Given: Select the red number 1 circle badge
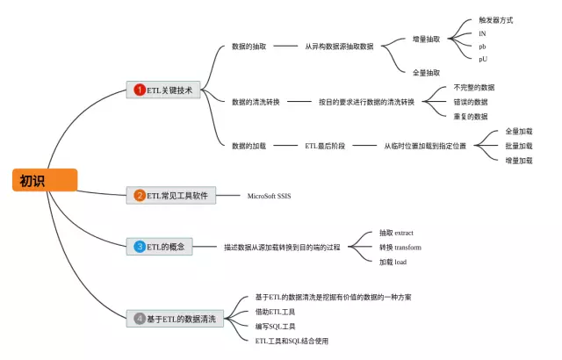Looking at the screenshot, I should tap(139, 90).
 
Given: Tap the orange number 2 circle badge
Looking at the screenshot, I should tap(139, 196).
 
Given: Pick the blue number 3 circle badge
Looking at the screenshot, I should tap(139, 247).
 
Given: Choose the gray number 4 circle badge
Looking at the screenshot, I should tap(139, 318).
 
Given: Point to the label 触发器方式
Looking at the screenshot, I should tap(495, 19).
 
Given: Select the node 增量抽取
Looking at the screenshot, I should tap(427, 39).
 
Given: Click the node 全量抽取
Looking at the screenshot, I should tap(427, 72).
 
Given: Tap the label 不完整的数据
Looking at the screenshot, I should tap(473, 87).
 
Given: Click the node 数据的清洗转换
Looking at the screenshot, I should tap(256, 102).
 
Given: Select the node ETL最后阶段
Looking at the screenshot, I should tap(323, 146).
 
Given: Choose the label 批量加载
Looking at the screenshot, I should tap(518, 146).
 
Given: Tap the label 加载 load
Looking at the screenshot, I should tap(393, 263).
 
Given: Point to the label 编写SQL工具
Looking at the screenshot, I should tap(276, 326).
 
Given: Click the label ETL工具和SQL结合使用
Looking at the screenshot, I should tap(292, 341).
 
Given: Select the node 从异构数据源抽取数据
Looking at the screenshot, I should tap(339, 46).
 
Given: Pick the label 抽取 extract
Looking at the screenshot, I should tap(396, 233).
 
